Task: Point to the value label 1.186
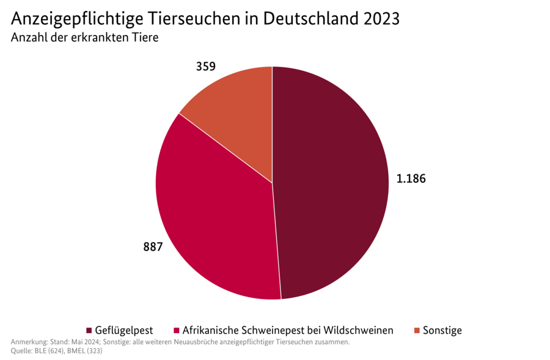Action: click(411, 179)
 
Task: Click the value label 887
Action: click(153, 247)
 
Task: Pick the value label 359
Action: click(205, 67)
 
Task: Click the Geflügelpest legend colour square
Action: click(89, 331)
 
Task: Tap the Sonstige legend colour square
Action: click(417, 331)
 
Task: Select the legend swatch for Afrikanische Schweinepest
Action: click(177, 331)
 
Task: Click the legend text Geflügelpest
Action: click(124, 331)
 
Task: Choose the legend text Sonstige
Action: click(442, 331)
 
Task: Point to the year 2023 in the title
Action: click(381, 18)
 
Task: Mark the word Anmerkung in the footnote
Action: click(28, 342)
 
